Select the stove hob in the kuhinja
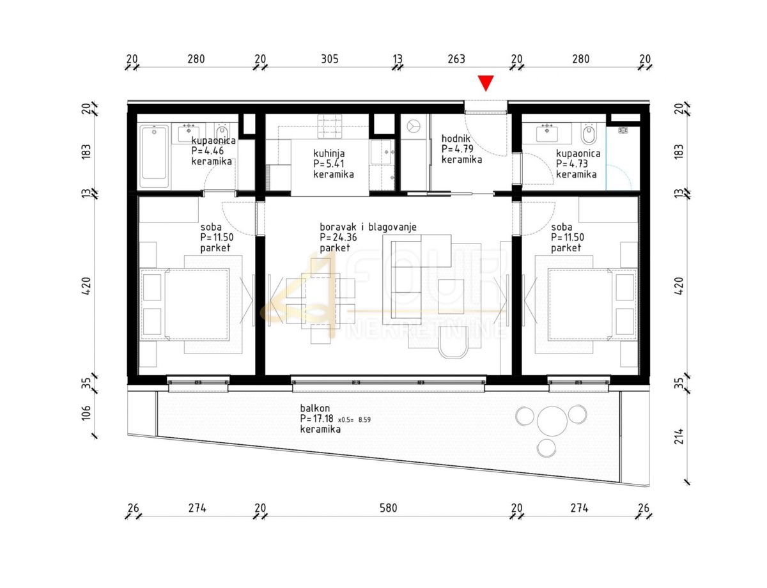(330, 126)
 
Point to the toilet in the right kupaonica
(589, 133)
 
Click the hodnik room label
(456, 139)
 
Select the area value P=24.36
(338, 237)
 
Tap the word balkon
(315, 408)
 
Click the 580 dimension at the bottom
(388, 508)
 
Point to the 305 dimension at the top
(330, 59)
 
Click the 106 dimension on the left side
(86, 412)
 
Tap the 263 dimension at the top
(456, 59)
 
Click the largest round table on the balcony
(552, 421)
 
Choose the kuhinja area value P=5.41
(329, 164)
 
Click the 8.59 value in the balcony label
(364, 420)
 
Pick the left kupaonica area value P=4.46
(208, 151)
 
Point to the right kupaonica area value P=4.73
(572, 164)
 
